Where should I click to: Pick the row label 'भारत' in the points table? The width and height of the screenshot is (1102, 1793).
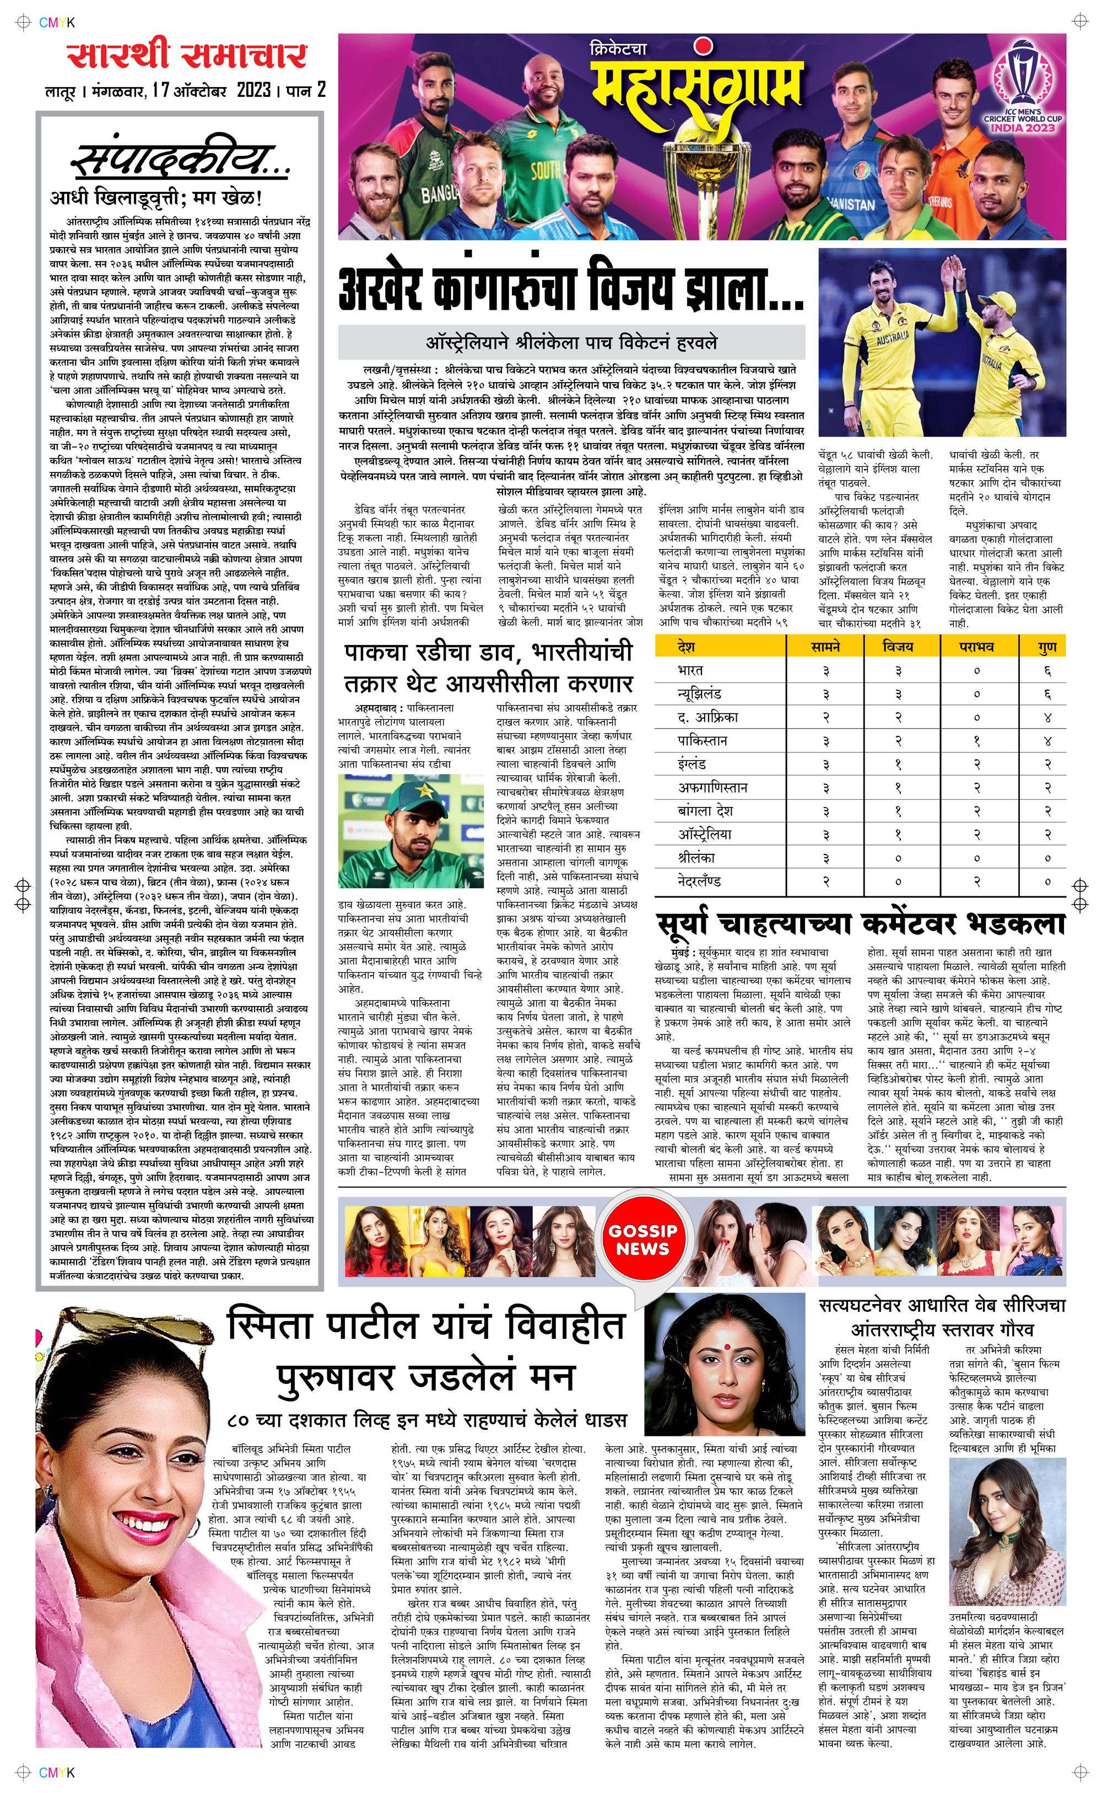tap(690, 670)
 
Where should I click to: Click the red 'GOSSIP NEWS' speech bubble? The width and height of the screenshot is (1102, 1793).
tap(643, 1240)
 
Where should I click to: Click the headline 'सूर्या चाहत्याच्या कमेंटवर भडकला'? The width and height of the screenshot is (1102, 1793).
tap(860, 923)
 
